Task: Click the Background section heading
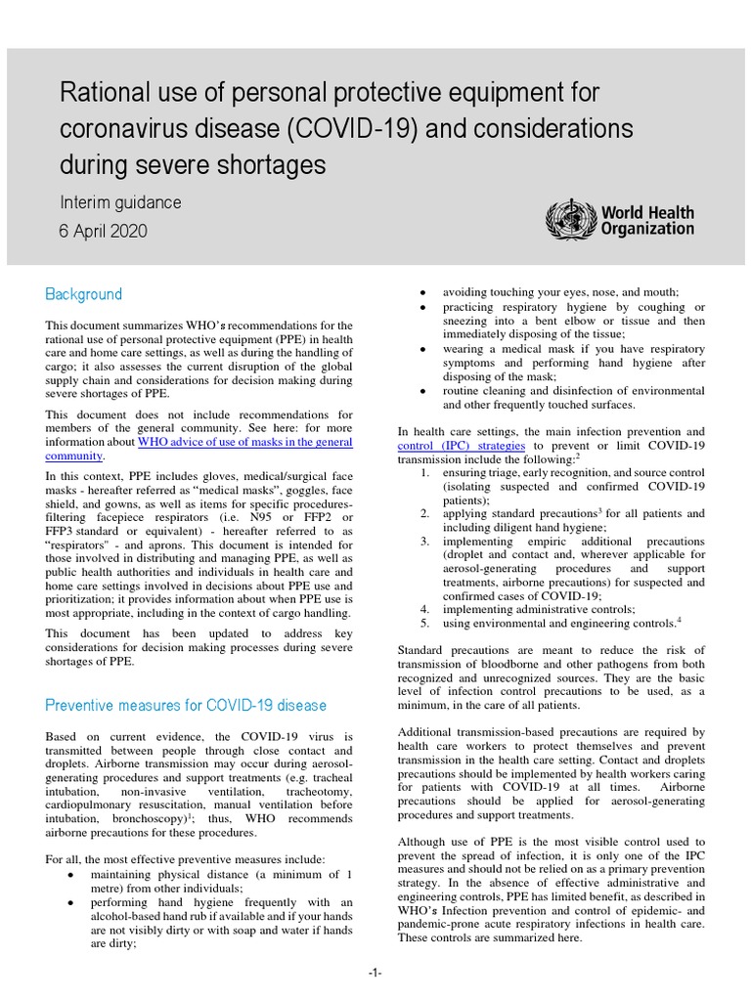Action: point(83,294)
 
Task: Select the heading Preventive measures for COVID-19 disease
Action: point(186,705)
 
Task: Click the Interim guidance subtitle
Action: point(120,202)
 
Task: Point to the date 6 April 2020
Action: point(104,232)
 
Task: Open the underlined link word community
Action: point(74,456)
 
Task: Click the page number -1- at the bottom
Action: point(375,974)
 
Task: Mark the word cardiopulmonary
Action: point(92,805)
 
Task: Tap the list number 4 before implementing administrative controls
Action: point(425,609)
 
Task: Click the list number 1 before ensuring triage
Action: point(425,472)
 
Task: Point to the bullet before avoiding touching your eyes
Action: point(421,293)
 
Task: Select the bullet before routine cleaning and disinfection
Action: point(421,391)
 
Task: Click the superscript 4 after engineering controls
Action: point(679,619)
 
